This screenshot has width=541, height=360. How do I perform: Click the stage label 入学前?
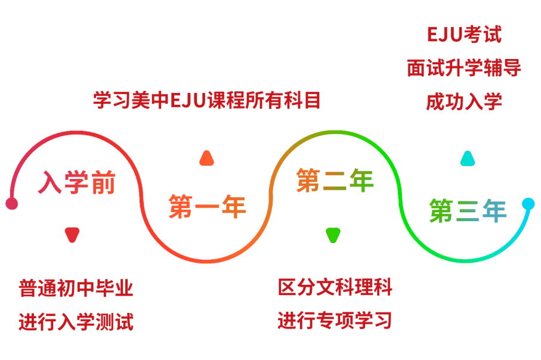pos(77,182)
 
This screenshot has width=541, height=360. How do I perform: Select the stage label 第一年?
pos(207,207)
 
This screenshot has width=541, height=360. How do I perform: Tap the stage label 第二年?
pos(335,181)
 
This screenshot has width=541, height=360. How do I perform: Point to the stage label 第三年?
pos(468,210)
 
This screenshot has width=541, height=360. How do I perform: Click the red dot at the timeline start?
pos(12,204)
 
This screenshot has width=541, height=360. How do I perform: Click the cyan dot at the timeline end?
pos(528,204)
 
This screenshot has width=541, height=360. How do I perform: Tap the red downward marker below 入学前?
pos(72,235)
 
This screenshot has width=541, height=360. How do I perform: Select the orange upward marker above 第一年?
pos(206,158)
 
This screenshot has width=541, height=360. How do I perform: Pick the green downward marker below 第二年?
pos(333,235)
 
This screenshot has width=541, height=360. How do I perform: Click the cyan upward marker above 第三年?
pos(468,158)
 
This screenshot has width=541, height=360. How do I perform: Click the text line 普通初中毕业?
pos(76,288)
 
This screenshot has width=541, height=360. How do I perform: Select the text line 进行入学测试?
pos(76,322)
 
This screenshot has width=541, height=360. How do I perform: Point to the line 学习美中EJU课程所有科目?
pos(207,100)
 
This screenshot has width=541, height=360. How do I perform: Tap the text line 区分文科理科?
pos(335,287)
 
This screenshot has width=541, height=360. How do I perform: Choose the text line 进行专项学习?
pos(335,321)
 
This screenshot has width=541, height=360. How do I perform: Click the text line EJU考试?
pos(464,35)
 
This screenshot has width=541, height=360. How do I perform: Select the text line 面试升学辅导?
pos(464,68)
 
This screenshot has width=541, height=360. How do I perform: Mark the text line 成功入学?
pos(464,101)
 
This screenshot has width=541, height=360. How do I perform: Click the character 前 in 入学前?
pos(103,182)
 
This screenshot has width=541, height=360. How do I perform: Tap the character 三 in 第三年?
pos(468,210)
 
